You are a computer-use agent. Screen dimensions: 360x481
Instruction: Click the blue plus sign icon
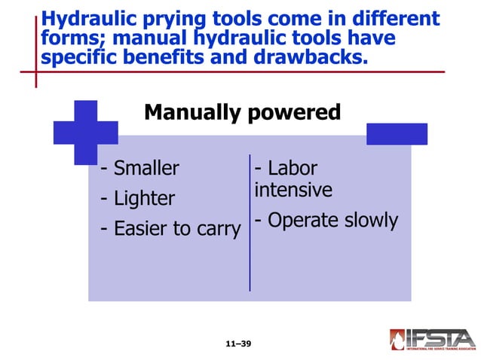85,132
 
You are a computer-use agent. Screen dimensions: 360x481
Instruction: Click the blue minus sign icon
397,133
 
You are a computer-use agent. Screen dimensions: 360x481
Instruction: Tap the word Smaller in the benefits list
146,168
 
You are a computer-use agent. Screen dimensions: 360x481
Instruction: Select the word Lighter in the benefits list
144,199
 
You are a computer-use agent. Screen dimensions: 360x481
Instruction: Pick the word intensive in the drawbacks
293,190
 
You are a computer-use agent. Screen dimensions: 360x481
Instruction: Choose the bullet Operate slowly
326,221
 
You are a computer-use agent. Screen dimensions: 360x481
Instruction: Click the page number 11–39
238,343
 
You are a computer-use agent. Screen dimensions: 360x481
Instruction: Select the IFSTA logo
432,339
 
